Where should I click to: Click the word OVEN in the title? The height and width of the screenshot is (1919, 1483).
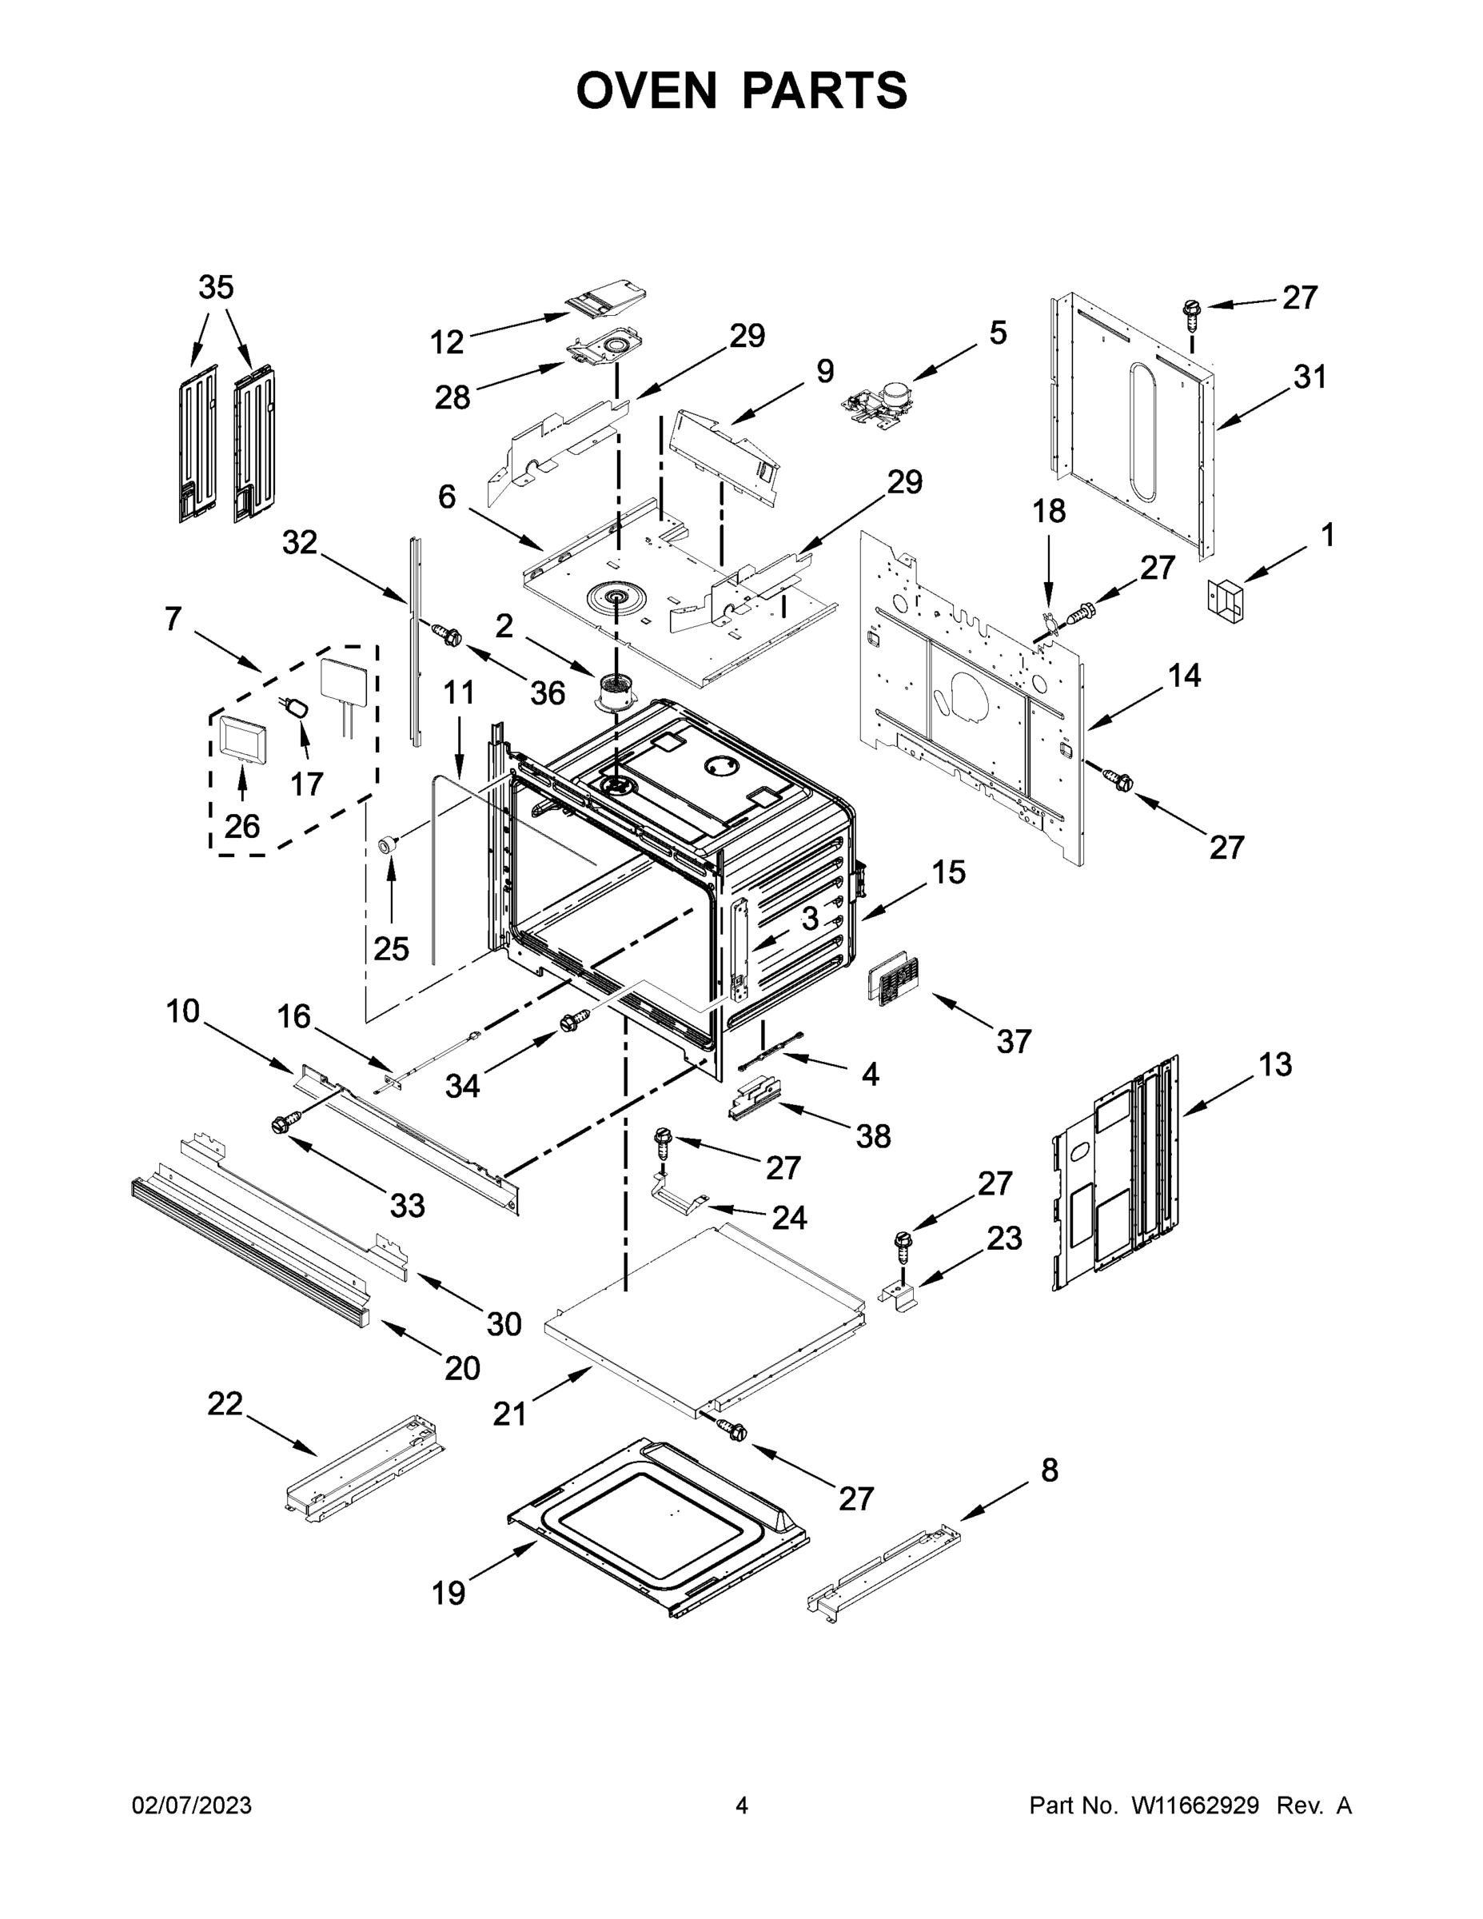point(646,90)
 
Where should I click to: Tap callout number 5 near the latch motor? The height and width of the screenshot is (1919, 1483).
point(998,333)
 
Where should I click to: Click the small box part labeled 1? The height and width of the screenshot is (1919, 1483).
point(1226,600)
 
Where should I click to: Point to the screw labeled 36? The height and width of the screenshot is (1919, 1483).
point(447,633)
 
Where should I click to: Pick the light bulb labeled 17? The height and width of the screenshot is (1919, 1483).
point(297,708)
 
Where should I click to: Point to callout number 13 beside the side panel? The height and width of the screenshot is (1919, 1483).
point(1275,1064)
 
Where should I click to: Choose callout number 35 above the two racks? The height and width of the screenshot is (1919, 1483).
point(216,287)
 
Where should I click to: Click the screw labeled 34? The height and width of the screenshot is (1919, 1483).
point(572,1023)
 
